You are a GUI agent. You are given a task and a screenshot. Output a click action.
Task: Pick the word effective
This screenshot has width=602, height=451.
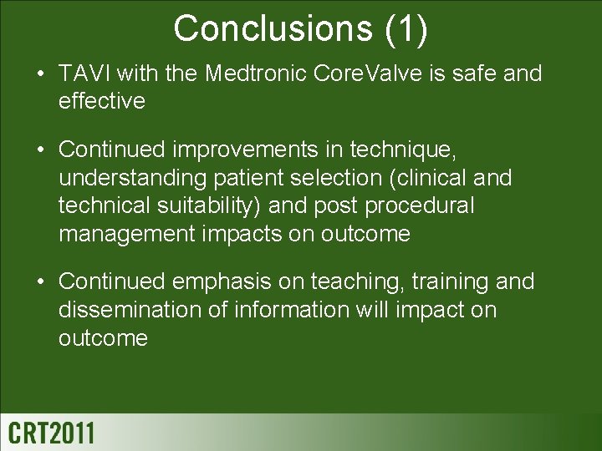102,101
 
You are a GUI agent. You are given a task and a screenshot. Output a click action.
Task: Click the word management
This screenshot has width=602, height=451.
126,234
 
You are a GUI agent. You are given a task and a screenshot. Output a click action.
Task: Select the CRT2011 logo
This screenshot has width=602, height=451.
52,433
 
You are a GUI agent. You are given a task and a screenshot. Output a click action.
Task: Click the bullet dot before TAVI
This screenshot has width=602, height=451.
39,74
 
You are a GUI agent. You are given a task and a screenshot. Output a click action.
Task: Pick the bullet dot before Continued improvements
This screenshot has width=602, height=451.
39,149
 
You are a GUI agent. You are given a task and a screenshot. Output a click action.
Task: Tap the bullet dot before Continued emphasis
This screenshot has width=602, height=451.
39,282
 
